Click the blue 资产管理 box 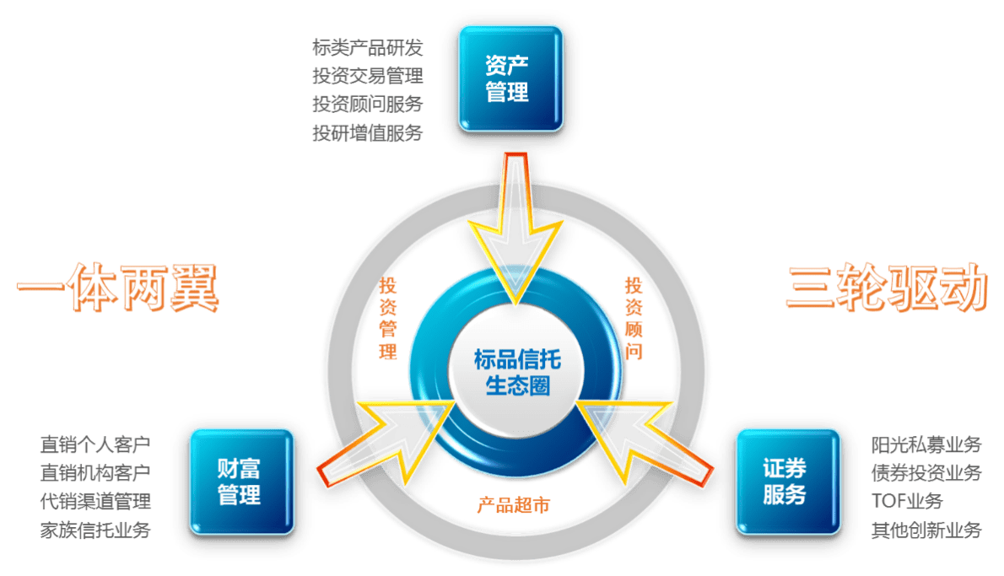(510, 78)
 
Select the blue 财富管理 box (240, 482)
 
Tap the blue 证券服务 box (786, 482)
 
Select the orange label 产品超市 (514, 506)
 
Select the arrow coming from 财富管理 (384, 439)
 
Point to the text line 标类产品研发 (368, 47)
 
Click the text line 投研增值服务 (368, 133)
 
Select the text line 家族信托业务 (95, 530)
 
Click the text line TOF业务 (907, 502)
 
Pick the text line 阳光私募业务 (926, 444)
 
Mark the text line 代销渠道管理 (95, 502)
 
